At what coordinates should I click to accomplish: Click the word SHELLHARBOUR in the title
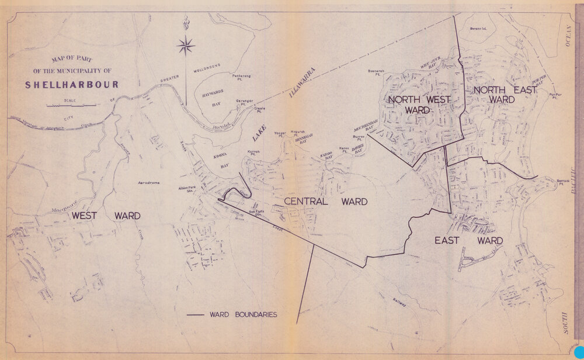coord(72,84)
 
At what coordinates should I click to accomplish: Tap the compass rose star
coord(186,45)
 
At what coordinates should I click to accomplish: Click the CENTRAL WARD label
coord(325,202)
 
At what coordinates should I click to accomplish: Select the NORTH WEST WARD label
coord(419,104)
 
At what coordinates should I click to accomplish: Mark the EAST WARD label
coord(468,240)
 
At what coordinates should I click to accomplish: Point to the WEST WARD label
coord(106,216)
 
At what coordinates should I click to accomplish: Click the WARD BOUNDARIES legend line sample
coord(195,315)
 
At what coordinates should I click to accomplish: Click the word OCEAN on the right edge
coord(566,36)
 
